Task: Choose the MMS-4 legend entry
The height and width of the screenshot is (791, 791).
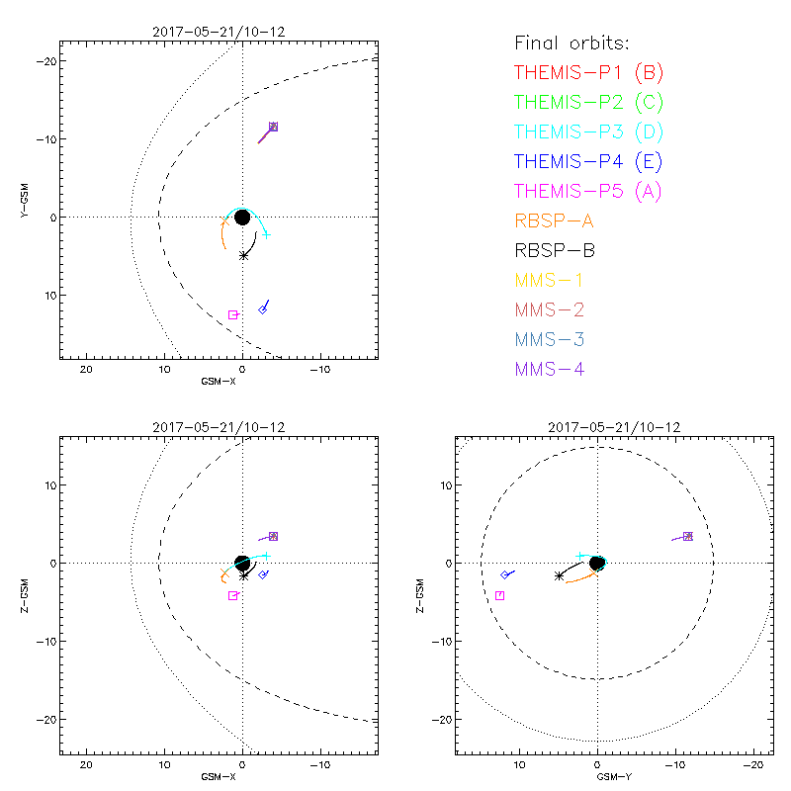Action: pos(548,369)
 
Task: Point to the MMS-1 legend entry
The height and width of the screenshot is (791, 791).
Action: pos(548,280)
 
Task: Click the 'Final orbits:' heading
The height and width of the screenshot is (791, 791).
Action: pos(571,43)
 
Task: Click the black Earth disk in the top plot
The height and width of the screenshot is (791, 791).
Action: pos(242,217)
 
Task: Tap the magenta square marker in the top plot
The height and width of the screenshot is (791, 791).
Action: pos(233,314)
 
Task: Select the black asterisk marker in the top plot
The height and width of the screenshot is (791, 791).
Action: pos(243,255)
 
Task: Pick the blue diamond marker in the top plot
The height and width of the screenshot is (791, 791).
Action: pos(263,309)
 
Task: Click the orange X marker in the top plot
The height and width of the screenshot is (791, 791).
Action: pos(224,222)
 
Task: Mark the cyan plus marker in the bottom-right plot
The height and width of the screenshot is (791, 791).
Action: pos(579,556)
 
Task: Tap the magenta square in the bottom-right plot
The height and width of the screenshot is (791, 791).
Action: pos(500,595)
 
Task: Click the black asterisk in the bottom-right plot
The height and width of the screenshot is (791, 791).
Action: pos(560,574)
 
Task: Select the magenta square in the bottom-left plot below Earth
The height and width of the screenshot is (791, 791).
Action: pos(233,595)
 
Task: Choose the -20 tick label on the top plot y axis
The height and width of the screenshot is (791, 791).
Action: pos(44,61)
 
